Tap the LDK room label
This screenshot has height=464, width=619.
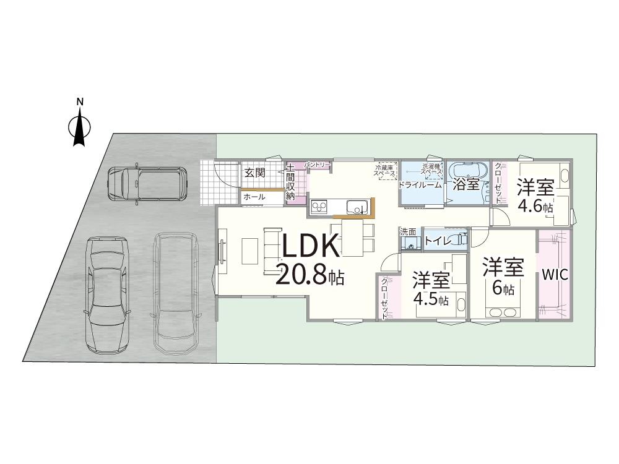click(x=311, y=246)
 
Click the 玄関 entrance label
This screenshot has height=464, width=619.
click(x=254, y=173)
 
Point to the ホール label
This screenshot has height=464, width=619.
click(x=254, y=197)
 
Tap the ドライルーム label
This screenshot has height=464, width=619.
click(x=420, y=184)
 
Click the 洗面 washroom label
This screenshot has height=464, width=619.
click(x=408, y=232)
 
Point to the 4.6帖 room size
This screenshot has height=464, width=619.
click(x=535, y=207)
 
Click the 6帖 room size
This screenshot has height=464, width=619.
click(x=503, y=288)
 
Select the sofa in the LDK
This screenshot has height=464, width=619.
click(x=271, y=246)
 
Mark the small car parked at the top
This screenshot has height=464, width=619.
click(x=146, y=183)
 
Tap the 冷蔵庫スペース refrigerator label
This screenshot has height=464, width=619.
click(x=385, y=170)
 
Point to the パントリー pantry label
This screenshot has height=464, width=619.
click(x=316, y=165)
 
